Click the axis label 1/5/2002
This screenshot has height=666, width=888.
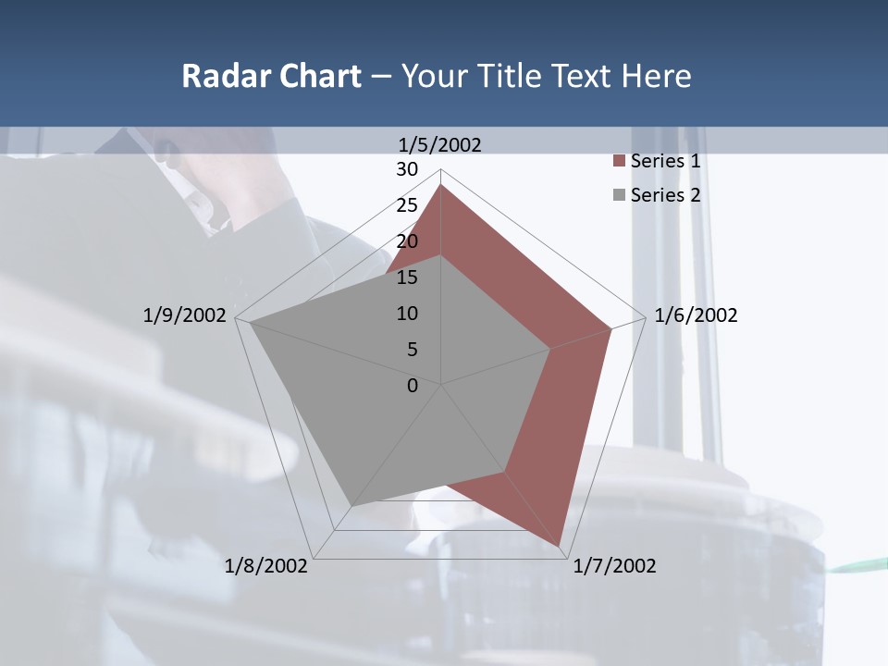click(439, 144)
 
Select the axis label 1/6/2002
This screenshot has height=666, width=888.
click(696, 315)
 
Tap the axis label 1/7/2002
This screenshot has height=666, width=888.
click(614, 566)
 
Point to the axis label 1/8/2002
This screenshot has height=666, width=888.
click(266, 566)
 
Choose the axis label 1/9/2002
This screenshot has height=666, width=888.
click(184, 315)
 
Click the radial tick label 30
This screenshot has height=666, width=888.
click(407, 169)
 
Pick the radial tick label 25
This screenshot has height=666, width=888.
click(407, 205)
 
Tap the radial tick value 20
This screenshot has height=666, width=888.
click(407, 241)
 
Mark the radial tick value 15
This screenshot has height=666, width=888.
click(407, 277)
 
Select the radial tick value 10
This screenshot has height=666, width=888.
click(407, 314)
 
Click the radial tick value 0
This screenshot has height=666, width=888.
click(413, 386)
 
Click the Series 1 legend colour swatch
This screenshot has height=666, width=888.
click(619, 162)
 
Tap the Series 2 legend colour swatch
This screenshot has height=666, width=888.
click(619, 195)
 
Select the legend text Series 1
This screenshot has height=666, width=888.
click(665, 161)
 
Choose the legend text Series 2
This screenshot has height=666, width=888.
click(665, 195)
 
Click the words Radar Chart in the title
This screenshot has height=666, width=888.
click(271, 76)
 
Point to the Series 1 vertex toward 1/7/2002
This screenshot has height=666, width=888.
click(560, 545)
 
